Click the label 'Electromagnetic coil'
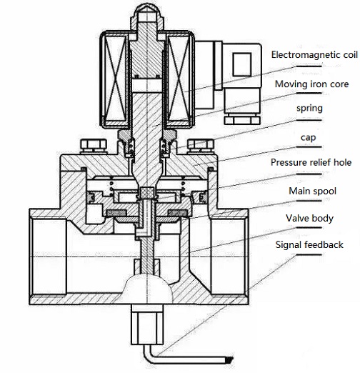tap(314, 55)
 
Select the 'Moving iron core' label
tap(311, 84)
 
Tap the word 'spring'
tap(309, 108)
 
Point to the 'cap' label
tap(309, 138)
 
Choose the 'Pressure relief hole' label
tap(311, 162)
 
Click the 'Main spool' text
tap(312, 191)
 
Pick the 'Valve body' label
tap(309, 218)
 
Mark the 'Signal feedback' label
tap(309, 244)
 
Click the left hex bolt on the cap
tap(94, 146)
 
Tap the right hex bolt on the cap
tap(201, 146)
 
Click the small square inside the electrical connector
tap(242, 64)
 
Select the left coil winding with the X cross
tap(116, 79)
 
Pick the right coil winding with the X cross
tap(179, 79)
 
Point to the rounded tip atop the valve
tap(147, 11)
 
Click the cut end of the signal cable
tap(229, 359)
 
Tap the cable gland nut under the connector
tap(242, 119)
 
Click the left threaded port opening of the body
tap(49, 257)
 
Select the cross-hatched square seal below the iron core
tap(147, 193)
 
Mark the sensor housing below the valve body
tap(147, 324)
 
